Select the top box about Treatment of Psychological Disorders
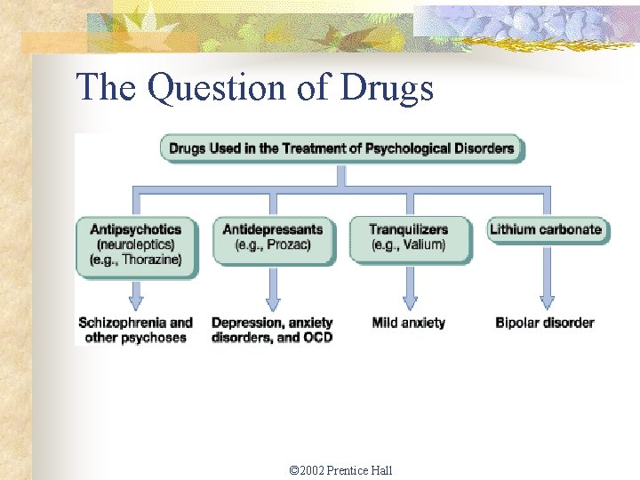pyautogui.click(x=341, y=148)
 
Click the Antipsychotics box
pyautogui.click(x=136, y=244)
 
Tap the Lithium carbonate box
pyautogui.click(x=546, y=229)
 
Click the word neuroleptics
pyautogui.click(x=136, y=244)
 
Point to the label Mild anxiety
pyautogui.click(x=409, y=323)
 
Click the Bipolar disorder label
pyautogui.click(x=545, y=323)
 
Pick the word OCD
pyautogui.click(x=316, y=338)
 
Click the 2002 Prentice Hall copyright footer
pyautogui.click(x=341, y=470)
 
